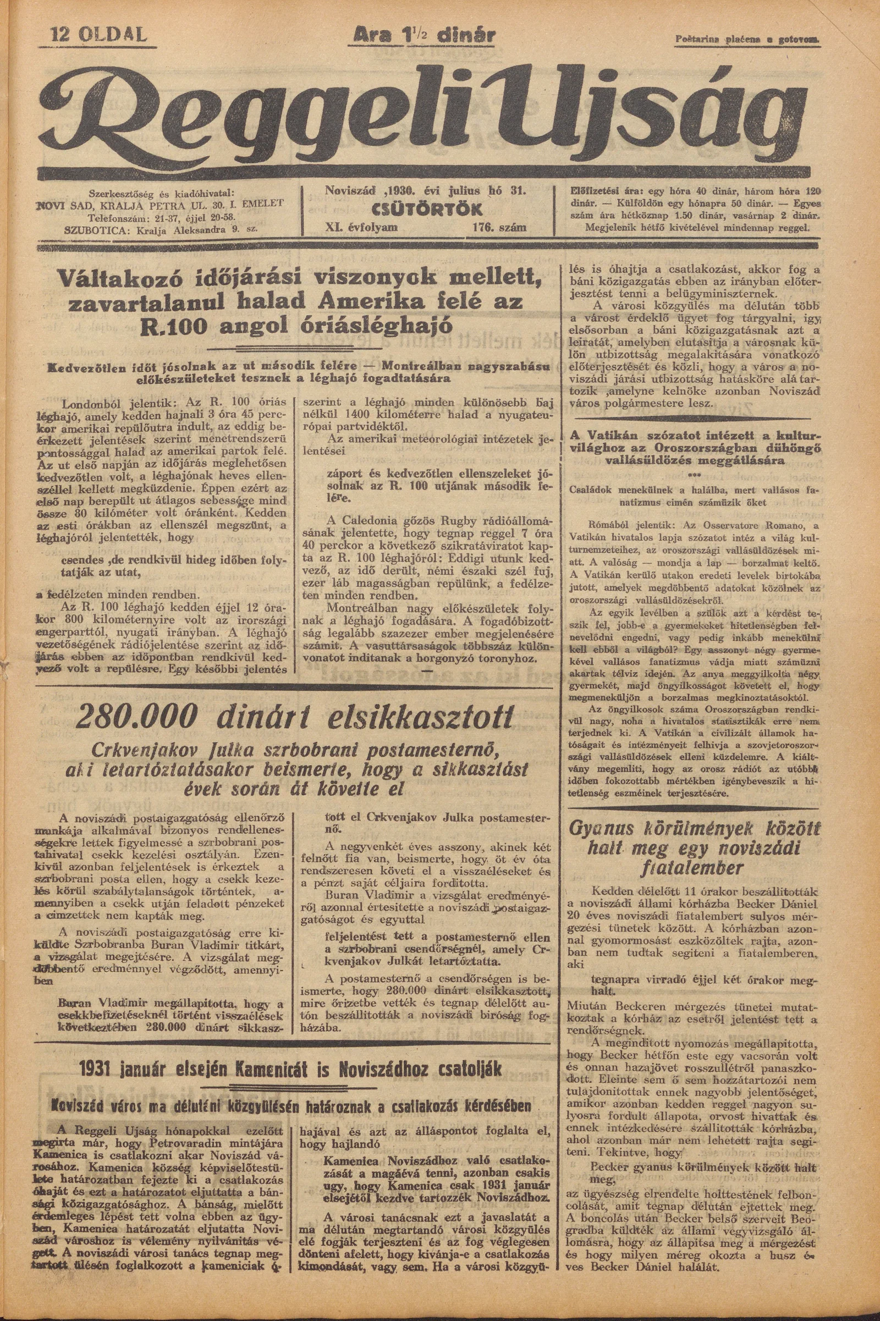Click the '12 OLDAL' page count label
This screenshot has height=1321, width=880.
[x=99, y=36]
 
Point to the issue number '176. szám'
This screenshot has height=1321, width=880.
[x=499, y=227]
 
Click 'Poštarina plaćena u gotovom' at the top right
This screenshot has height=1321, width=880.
[x=746, y=40]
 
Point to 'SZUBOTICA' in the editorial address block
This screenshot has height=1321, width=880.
[x=91, y=228]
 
